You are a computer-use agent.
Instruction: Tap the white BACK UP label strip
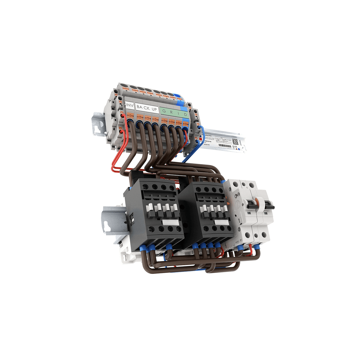pos(147,108)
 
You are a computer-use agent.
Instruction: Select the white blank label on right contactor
pos(222,222)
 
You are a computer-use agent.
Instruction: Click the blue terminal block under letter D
pos(185,123)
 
